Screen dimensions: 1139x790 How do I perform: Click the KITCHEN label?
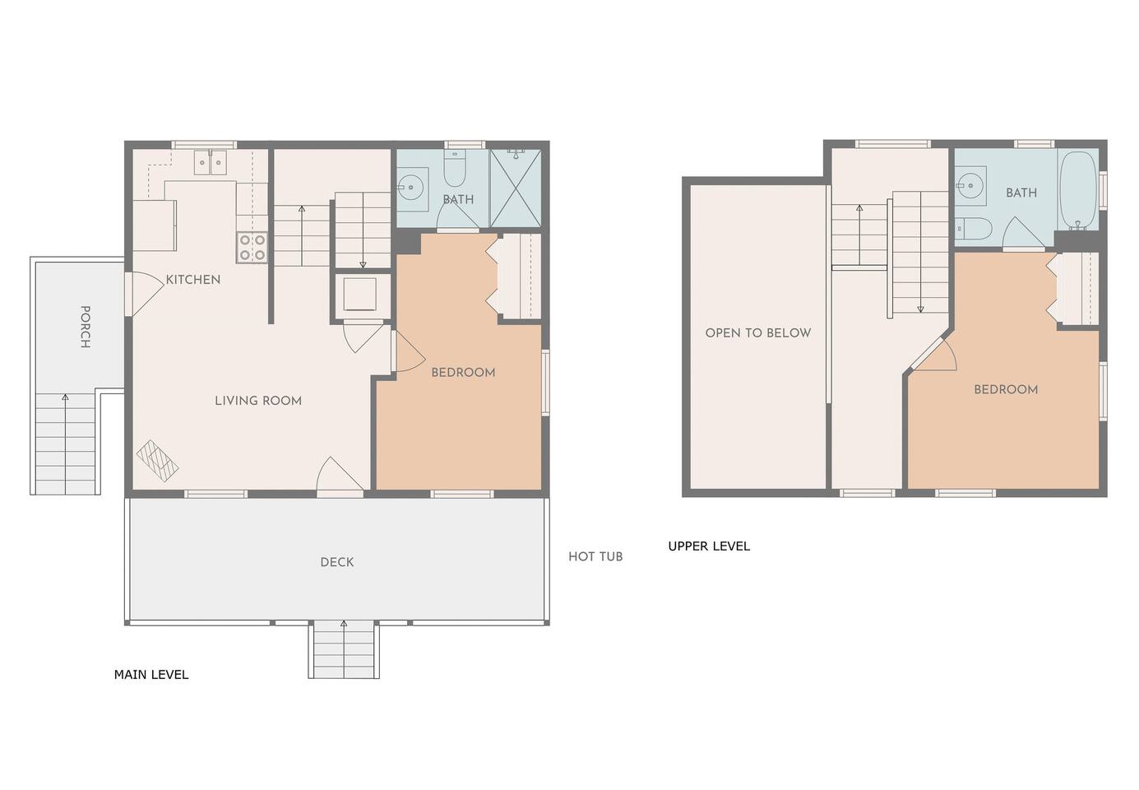click(x=193, y=279)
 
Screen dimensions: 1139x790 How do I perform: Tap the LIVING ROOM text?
click(x=258, y=401)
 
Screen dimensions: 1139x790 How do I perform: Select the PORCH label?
click(x=86, y=327)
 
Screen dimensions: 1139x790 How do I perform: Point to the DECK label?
click(x=337, y=562)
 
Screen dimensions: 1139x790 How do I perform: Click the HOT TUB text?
click(x=595, y=556)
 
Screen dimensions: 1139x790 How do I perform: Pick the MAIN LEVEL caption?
click(x=151, y=675)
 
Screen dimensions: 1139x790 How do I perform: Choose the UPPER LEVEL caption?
click(x=709, y=546)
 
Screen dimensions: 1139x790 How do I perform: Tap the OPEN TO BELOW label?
click(x=758, y=333)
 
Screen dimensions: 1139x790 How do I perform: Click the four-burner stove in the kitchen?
click(x=252, y=248)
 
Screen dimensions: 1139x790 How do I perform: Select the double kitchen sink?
click(x=211, y=162)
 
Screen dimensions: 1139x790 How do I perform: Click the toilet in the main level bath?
click(x=455, y=168)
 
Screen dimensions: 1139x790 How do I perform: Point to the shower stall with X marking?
click(x=516, y=188)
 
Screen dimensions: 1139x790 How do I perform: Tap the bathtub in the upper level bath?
click(x=1077, y=191)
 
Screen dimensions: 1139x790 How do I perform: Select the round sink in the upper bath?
click(x=970, y=186)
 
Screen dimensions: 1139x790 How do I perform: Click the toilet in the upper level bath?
click(x=973, y=229)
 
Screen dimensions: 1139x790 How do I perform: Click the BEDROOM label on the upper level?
click(x=1006, y=390)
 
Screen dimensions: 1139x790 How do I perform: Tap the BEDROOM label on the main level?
click(x=463, y=373)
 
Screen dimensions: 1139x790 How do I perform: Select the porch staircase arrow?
click(x=65, y=444)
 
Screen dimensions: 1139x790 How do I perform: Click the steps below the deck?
click(x=344, y=649)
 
